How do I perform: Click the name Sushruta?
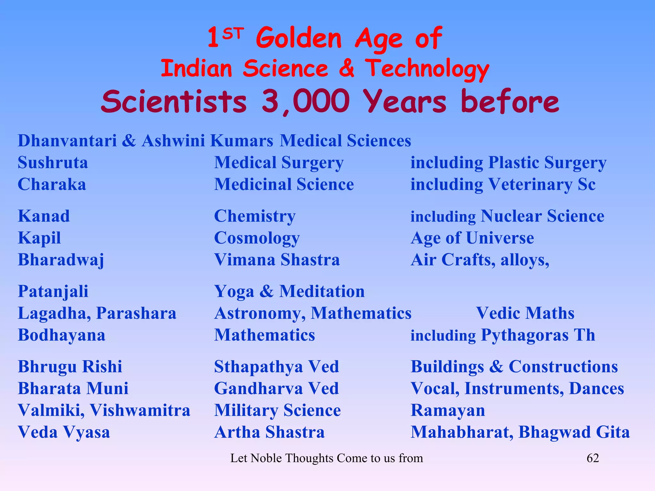pyautogui.click(x=53, y=163)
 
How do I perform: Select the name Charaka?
pyautogui.click(x=52, y=184)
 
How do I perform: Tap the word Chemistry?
pyautogui.click(x=255, y=216)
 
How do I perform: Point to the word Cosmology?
pyautogui.click(x=257, y=238)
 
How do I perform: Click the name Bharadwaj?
pyautogui.click(x=61, y=260)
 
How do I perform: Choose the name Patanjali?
pyautogui.click(x=53, y=292)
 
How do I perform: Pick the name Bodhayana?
pyautogui.click(x=61, y=335)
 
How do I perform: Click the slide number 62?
pyautogui.click(x=593, y=458)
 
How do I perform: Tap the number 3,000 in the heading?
pyautogui.click(x=305, y=101)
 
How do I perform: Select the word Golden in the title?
pyautogui.click(x=299, y=38)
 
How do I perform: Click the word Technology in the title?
pyautogui.click(x=427, y=69)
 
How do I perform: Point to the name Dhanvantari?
pyautogui.click(x=67, y=141)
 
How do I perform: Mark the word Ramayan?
pyautogui.click(x=448, y=410)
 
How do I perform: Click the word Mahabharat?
pyautogui.click(x=462, y=432)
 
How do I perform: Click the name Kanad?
pyautogui.click(x=44, y=216)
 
